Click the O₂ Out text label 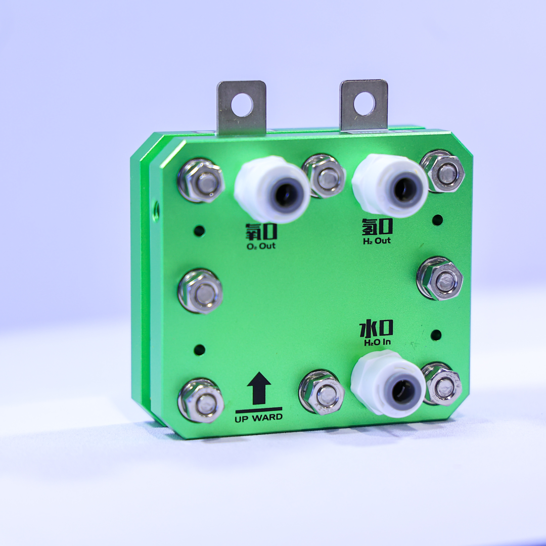[261, 246]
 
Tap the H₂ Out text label [377, 241]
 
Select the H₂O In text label [378, 342]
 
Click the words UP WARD [259, 418]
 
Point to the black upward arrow [259, 388]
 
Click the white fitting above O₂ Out [272, 189]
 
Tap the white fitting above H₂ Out [390, 186]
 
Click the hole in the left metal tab [242, 105]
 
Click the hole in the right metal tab [365, 104]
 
